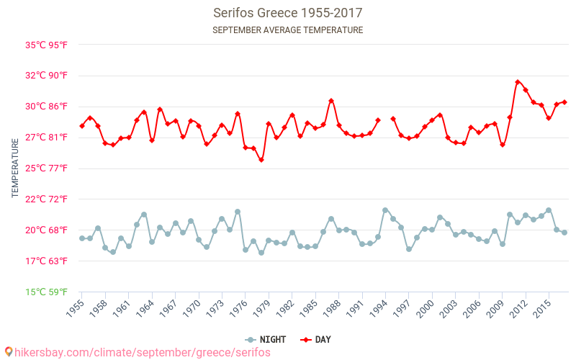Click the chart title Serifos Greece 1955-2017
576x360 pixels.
288,13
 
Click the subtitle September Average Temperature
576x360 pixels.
288,30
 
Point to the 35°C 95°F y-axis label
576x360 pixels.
47,45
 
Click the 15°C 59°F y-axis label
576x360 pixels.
47,292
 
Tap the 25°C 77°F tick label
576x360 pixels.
47,168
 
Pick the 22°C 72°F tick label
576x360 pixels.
47,199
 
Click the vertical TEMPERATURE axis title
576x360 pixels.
15,168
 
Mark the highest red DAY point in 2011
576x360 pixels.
518,82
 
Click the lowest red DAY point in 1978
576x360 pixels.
261,160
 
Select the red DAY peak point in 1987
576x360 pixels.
331,101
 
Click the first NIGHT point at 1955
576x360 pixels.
82,238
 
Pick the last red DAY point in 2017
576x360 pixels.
564,102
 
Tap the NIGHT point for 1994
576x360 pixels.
385,210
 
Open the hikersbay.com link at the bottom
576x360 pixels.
137,352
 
